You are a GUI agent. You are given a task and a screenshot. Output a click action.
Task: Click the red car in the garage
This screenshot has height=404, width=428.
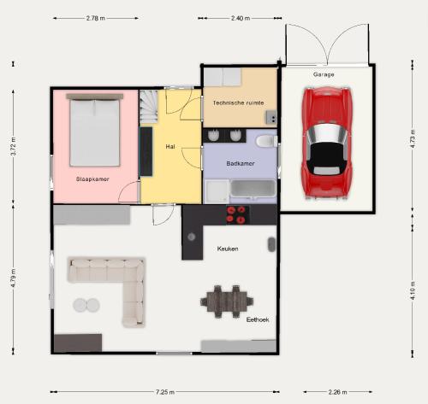click(x=327, y=143)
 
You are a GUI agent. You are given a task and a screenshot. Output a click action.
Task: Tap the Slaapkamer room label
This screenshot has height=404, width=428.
click(x=92, y=179)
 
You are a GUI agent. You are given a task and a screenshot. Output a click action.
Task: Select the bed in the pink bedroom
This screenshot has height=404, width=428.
click(x=94, y=130)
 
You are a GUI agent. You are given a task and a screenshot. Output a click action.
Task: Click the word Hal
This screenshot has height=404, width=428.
click(x=170, y=147)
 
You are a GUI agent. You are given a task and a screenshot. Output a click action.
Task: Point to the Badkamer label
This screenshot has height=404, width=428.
click(x=241, y=163)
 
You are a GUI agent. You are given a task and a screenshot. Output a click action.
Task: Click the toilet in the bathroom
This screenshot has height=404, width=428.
click(x=266, y=141)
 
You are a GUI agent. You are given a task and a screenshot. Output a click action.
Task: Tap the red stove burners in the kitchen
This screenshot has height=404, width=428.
click(x=236, y=214)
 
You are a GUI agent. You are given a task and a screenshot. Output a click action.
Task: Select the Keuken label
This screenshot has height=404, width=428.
click(x=228, y=249)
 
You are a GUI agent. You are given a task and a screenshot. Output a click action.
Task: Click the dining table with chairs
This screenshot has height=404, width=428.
click(x=227, y=302)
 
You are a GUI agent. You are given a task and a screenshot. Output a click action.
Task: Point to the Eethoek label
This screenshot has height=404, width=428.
click(x=258, y=319)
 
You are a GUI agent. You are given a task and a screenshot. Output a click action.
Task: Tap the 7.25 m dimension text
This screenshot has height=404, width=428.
click(x=165, y=392)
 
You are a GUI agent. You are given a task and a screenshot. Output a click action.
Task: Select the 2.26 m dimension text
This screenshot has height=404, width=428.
click(x=337, y=392)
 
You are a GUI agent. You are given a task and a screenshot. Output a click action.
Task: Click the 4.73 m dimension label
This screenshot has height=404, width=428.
click(x=413, y=138)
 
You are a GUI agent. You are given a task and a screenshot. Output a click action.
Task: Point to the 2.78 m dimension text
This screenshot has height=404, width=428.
click(x=96, y=18)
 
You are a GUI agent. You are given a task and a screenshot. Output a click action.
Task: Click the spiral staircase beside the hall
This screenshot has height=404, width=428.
click(x=148, y=107)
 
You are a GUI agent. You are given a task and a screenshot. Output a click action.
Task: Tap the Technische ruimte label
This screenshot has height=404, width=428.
click(x=238, y=102)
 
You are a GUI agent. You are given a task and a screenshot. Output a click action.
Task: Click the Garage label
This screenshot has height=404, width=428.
click(x=324, y=74)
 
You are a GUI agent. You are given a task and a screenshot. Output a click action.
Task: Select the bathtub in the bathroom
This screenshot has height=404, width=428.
click(x=253, y=188)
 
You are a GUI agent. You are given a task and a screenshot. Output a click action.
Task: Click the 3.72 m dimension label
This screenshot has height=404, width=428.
click(x=13, y=146)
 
